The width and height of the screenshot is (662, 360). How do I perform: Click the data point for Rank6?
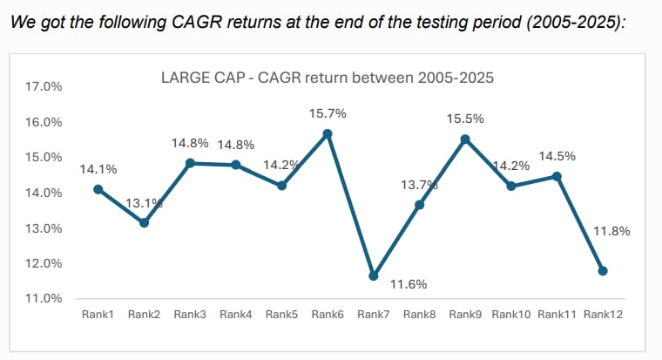click(328, 133)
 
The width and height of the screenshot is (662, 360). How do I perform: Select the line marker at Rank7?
click(374, 275)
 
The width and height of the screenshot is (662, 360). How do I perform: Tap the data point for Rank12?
click(603, 271)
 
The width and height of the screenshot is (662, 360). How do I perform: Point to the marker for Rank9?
click(465, 139)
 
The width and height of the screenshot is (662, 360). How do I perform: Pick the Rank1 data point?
click(98, 189)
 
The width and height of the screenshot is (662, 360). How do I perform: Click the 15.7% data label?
click(328, 113)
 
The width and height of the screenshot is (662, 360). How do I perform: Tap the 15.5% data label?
click(465, 117)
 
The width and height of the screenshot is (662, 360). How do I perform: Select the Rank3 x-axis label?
click(190, 314)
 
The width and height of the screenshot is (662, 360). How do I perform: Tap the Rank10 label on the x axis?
click(511, 314)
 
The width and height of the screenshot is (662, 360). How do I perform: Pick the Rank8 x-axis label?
click(419, 314)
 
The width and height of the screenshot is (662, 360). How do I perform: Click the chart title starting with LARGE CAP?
click(328, 78)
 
